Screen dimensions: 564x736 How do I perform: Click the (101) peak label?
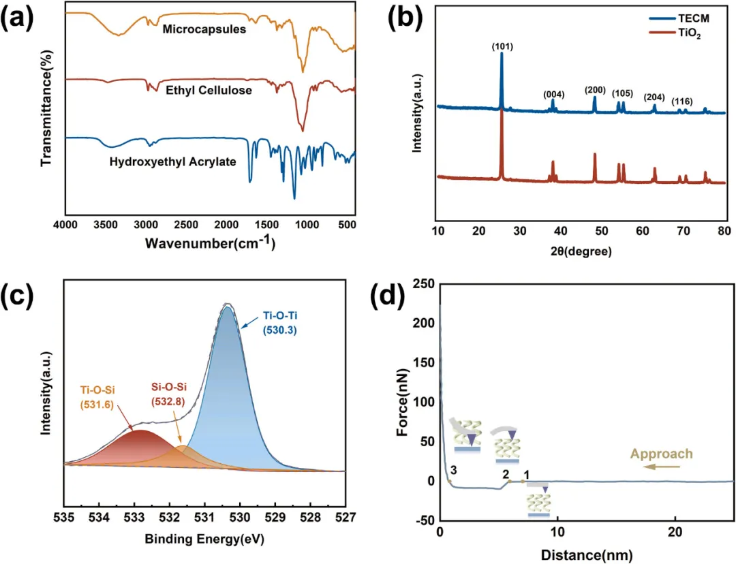point(502,46)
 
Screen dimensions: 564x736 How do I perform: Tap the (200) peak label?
point(595,91)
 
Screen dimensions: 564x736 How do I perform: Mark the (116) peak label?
point(681,101)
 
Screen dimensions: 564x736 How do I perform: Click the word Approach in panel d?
point(661,454)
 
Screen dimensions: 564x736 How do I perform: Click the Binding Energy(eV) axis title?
point(204,539)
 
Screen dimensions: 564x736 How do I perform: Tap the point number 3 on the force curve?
point(453,471)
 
